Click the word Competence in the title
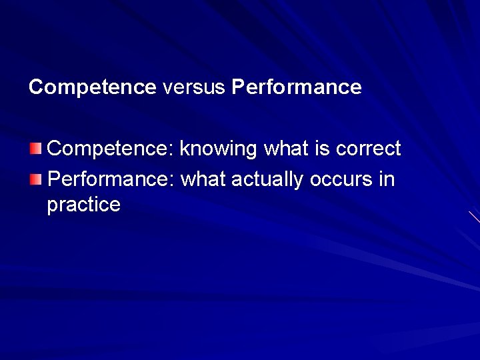[x=92, y=87]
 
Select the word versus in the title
[x=193, y=87]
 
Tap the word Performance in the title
[x=297, y=87]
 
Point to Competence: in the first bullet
[x=111, y=149]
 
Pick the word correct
[x=368, y=149]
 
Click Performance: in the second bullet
[x=111, y=179]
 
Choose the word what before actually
[x=205, y=179]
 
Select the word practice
[x=83, y=205]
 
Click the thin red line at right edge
[x=474, y=217]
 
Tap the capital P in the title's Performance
[x=238, y=87]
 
